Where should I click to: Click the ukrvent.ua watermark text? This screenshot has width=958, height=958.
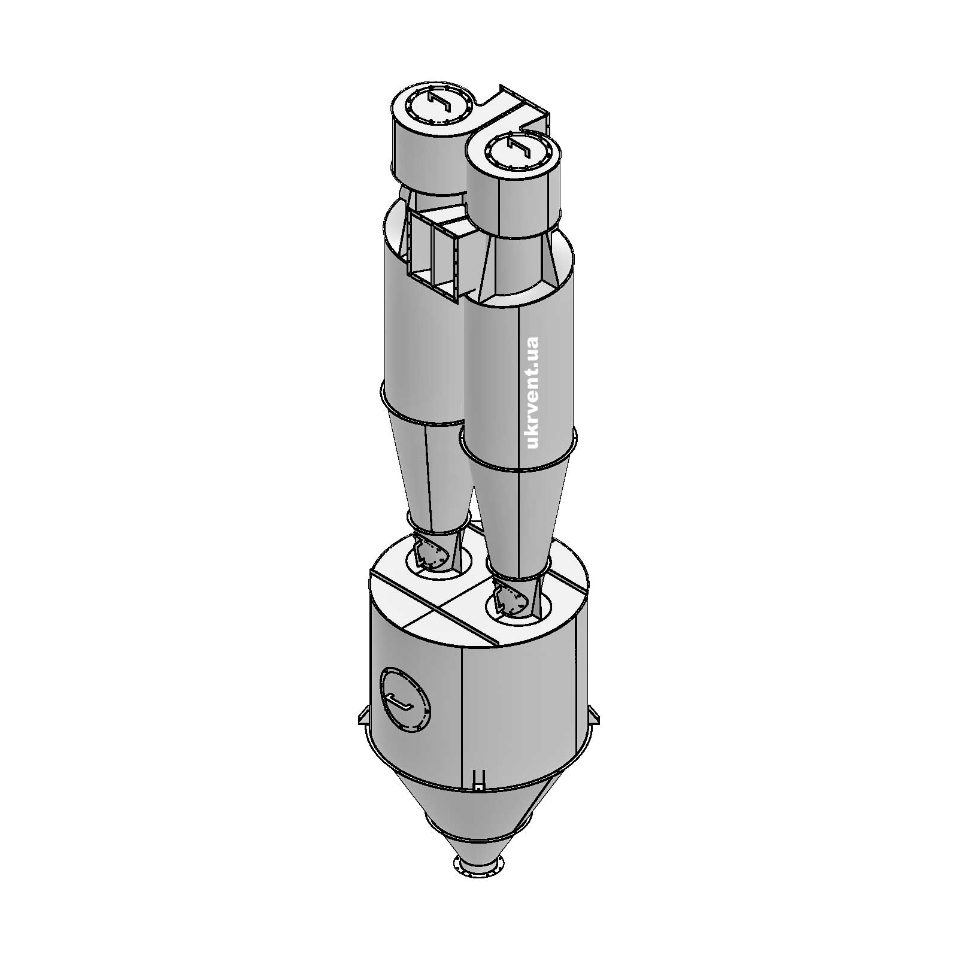point(531,392)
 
